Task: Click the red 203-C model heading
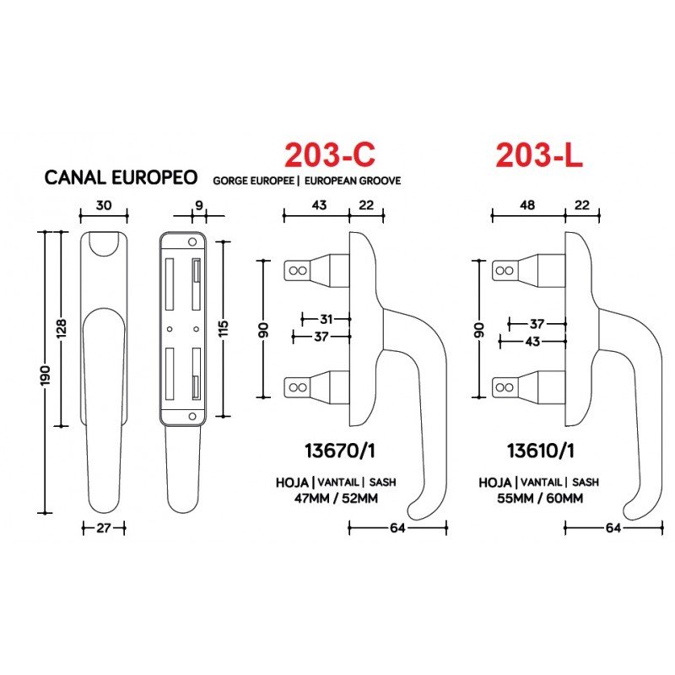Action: click(329, 154)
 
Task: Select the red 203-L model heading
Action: click(539, 155)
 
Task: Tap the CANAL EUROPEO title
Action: click(121, 177)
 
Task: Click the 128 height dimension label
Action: click(62, 328)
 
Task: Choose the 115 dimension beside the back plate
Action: click(223, 328)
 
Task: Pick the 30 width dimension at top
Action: click(104, 205)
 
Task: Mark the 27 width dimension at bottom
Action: click(104, 527)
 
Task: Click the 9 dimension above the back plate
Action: click(199, 205)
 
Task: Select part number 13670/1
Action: click(340, 451)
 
